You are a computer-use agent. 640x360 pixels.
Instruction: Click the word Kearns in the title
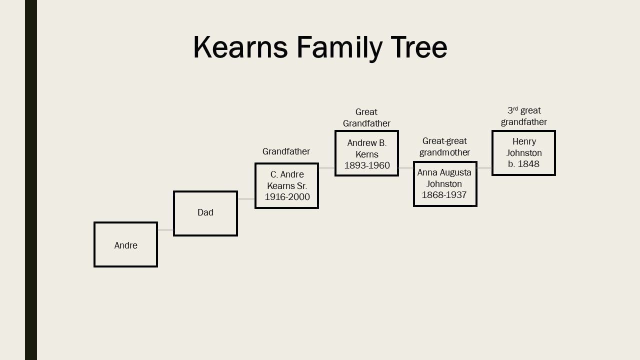coord(240,47)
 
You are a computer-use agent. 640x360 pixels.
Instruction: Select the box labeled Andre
coord(125,244)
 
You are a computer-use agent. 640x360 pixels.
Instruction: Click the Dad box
coord(205,213)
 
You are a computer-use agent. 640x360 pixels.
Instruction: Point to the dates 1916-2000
coord(287,197)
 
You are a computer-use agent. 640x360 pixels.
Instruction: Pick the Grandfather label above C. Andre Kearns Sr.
coord(286,151)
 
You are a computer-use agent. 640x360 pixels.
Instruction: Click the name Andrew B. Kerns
coord(366,148)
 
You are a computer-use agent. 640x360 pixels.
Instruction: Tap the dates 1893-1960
coord(366,165)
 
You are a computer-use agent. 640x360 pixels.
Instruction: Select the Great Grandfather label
coord(366,117)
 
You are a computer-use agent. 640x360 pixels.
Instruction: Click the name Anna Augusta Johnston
coord(444,178)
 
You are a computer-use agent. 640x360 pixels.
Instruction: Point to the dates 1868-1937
coord(444,195)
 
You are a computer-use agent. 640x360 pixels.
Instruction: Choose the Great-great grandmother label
coord(444,146)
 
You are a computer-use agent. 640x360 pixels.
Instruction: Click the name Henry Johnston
coord(524,147)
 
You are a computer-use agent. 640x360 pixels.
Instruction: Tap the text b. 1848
coord(524,164)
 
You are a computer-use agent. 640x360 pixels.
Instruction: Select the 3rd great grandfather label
coord(524,116)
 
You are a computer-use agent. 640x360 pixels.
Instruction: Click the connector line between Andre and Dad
coord(165,230)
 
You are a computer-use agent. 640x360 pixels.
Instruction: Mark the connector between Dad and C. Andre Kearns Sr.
coord(246,199)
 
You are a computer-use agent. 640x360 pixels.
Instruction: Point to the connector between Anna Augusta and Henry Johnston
coord(484,168)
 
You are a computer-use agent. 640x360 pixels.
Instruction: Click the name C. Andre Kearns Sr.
coord(287,180)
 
